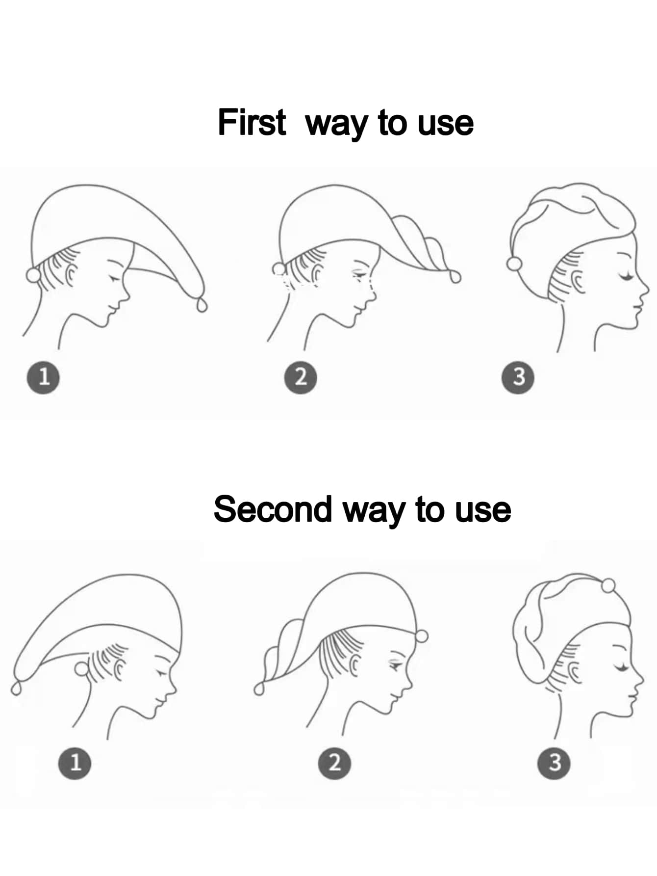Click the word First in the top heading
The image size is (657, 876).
click(x=252, y=122)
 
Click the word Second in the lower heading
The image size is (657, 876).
click(x=273, y=509)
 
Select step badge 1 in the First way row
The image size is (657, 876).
click(x=44, y=377)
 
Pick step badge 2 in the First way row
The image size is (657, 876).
click(x=301, y=377)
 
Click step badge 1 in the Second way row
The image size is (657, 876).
click(x=75, y=763)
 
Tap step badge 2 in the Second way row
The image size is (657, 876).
click(x=334, y=763)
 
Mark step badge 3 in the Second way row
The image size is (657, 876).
click(x=554, y=763)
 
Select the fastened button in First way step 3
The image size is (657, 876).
click(x=515, y=264)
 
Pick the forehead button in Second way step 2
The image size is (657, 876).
click(x=421, y=637)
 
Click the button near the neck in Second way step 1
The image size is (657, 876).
click(x=80, y=669)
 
